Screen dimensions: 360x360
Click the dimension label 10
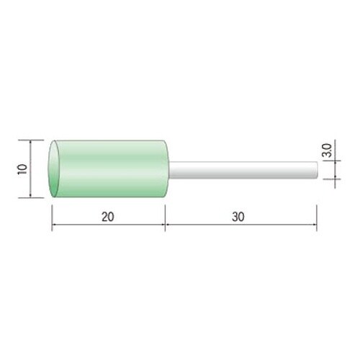click(x=23, y=169)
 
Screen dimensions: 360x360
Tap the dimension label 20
click(x=108, y=217)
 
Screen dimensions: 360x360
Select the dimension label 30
click(x=238, y=217)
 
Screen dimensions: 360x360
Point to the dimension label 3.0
click(x=327, y=150)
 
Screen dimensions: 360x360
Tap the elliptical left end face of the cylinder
click(x=54, y=168)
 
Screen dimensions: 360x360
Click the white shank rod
click(x=243, y=170)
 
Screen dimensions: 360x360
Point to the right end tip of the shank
click(x=318, y=170)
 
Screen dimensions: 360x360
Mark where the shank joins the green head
click(x=169, y=170)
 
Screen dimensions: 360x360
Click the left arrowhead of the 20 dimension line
click(x=54, y=225)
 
